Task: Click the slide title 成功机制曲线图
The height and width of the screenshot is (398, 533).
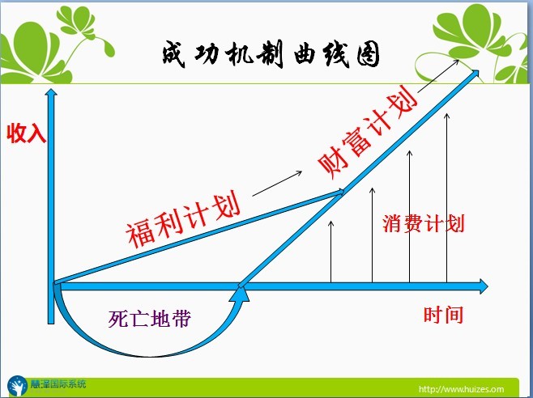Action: point(271,54)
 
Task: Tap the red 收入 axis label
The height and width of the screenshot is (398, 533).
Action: point(26,133)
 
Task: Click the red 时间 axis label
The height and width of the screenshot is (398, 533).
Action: point(443,315)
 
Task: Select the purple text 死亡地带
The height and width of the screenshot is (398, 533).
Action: point(150,319)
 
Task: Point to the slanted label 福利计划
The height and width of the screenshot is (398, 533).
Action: point(184,220)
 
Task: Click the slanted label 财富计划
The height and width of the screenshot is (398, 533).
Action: point(368,133)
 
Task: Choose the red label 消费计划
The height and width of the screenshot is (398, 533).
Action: point(424,223)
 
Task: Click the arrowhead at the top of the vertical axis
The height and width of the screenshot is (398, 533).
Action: point(51,93)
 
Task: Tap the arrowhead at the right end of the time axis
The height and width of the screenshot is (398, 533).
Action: point(484,286)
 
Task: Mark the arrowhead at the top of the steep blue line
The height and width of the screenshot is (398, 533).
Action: point(475,74)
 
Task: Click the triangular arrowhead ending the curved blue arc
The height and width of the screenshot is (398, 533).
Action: point(239,294)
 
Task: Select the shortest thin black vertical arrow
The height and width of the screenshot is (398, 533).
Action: point(330,252)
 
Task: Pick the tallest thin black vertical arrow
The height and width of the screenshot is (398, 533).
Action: point(446,197)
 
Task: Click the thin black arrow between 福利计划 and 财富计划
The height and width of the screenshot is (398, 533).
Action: point(277,184)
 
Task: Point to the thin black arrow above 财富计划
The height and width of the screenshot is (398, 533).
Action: point(438,76)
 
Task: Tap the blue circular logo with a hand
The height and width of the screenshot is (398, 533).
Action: point(18,386)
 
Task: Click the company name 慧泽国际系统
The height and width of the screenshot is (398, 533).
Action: point(58,384)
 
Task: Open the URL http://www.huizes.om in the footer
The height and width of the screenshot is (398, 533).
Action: point(461,389)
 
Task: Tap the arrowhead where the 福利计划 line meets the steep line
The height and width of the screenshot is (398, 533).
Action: point(340,192)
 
